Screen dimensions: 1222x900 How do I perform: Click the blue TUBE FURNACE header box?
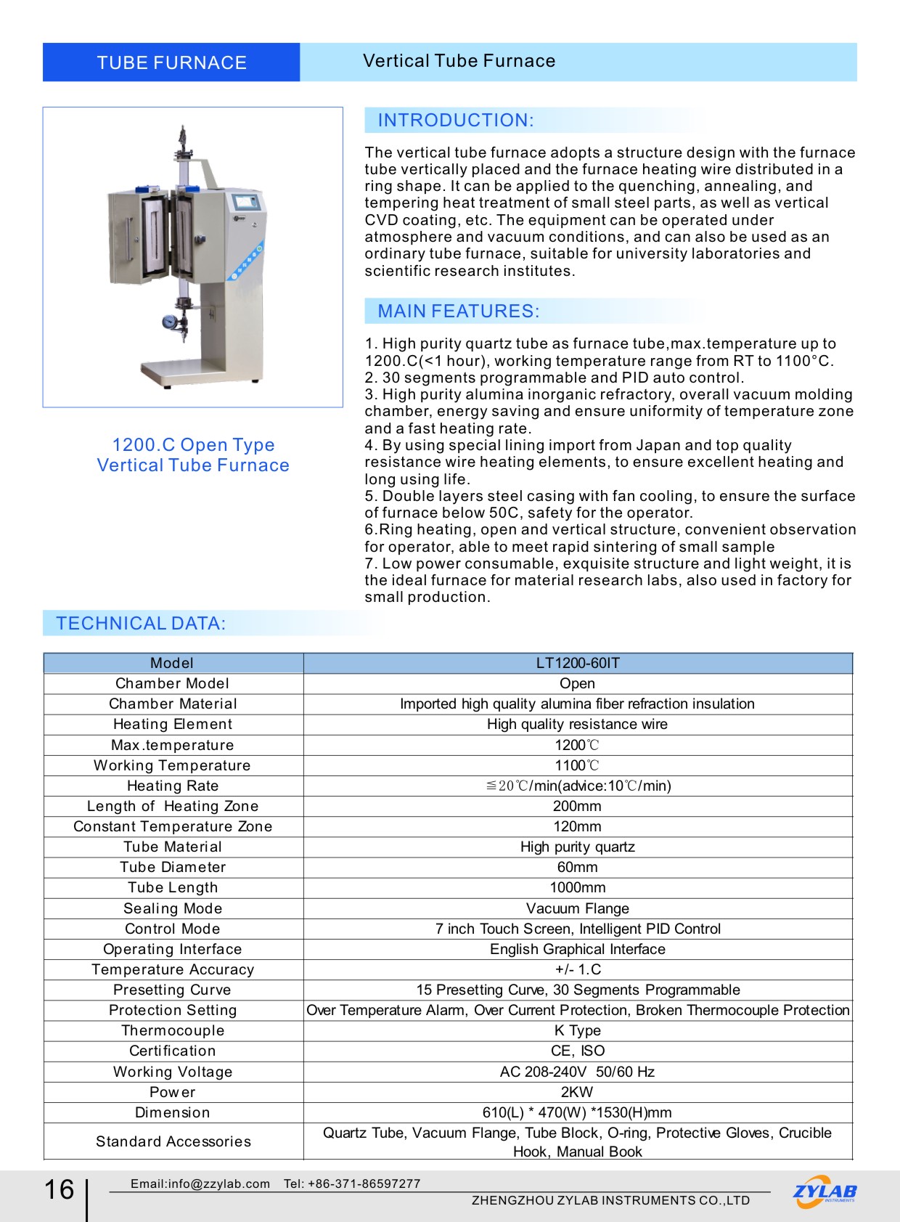(x=171, y=62)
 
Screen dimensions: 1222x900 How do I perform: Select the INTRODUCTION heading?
(x=456, y=121)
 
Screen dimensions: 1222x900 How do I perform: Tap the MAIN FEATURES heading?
(x=458, y=311)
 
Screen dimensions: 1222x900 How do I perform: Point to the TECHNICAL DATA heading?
(x=142, y=624)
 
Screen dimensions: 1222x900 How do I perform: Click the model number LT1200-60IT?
(x=578, y=663)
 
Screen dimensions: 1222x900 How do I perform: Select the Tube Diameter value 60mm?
(x=578, y=867)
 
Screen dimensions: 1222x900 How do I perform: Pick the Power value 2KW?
(x=578, y=1092)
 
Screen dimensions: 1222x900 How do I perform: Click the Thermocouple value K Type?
(x=578, y=1030)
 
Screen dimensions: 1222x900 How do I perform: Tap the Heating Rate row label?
(x=173, y=786)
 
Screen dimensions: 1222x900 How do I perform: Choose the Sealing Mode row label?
(x=173, y=908)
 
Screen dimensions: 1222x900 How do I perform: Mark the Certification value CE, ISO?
(x=578, y=1051)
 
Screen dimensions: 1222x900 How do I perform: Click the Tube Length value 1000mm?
(x=578, y=887)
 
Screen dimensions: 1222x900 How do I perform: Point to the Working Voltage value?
(x=578, y=1072)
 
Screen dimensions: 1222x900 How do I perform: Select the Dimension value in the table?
(x=578, y=1112)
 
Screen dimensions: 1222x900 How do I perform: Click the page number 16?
(x=60, y=1190)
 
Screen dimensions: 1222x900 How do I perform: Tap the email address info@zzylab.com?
(x=200, y=1184)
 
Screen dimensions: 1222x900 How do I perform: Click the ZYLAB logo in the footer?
(x=825, y=1192)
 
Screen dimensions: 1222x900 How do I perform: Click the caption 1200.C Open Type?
(x=193, y=445)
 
